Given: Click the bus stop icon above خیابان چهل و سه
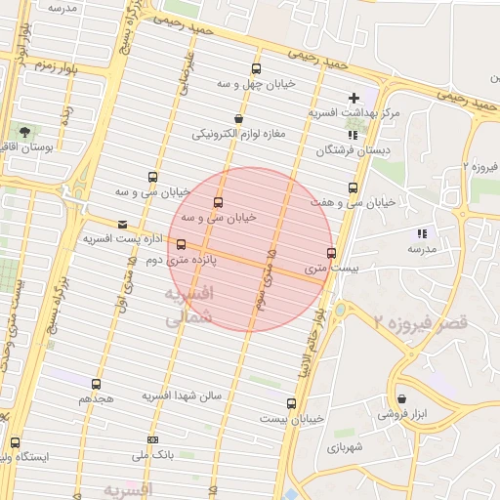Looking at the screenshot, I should click(x=256, y=68).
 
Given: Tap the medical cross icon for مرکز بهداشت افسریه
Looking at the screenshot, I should click(x=354, y=98).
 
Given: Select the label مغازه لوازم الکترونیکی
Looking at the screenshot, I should click(x=239, y=133).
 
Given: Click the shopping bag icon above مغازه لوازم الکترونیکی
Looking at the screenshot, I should click(x=238, y=119).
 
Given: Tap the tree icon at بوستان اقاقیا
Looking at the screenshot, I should click(x=22, y=131).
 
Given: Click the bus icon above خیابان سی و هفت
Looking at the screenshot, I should click(x=353, y=187).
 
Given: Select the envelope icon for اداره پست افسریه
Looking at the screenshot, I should click(x=121, y=223).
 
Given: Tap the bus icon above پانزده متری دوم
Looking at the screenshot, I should click(x=181, y=244).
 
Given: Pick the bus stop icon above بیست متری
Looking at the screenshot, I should click(x=331, y=253).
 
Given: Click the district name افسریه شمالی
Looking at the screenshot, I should click(x=187, y=305).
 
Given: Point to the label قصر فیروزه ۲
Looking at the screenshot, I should click(x=422, y=320).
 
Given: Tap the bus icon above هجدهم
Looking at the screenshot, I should click(x=96, y=384).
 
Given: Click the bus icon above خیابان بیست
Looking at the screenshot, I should click(x=291, y=402).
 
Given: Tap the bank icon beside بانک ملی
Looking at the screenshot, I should click(x=151, y=439).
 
